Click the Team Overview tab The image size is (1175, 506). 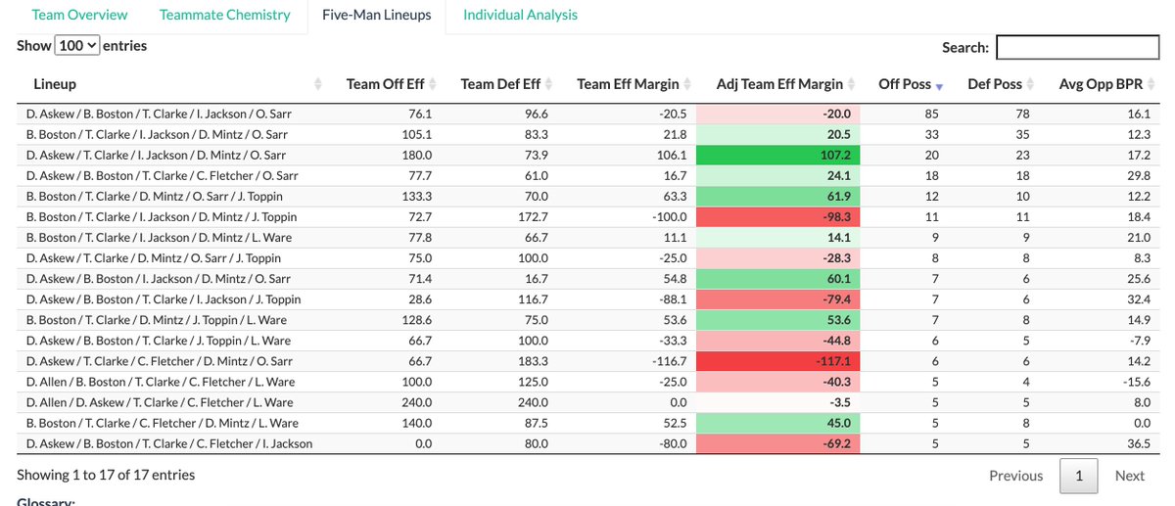[79, 15]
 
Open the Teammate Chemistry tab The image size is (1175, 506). [225, 15]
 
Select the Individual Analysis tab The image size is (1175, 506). [520, 15]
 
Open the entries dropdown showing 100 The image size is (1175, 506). [77, 46]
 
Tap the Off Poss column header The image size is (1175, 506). [905, 84]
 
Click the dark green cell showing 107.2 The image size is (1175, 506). [777, 155]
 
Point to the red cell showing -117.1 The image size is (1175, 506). [777, 361]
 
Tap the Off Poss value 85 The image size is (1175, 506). [931, 114]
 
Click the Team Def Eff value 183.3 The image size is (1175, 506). [531, 361]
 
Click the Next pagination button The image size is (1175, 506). [1129, 476]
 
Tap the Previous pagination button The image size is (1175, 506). [1015, 476]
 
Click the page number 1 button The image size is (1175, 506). [1078, 476]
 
